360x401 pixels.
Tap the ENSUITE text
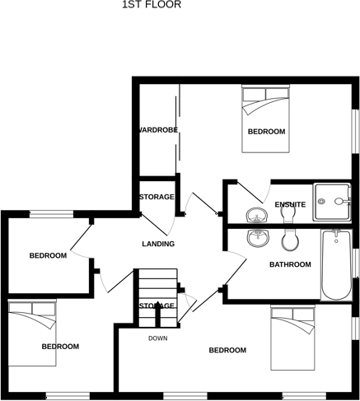point(291,204)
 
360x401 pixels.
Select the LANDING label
point(158,244)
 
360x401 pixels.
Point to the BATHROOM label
point(290,264)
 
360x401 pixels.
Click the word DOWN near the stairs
point(158,338)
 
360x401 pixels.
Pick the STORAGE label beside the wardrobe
point(156,197)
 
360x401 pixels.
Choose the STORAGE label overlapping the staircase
point(157,305)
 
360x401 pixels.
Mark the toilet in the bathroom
point(289,240)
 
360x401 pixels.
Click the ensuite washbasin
point(258,217)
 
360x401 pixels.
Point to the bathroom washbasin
point(259,238)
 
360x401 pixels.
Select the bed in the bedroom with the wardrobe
point(266,119)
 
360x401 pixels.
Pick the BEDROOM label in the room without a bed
point(48,255)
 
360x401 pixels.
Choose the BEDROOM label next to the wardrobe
point(266,132)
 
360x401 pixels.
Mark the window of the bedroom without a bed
point(51,214)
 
